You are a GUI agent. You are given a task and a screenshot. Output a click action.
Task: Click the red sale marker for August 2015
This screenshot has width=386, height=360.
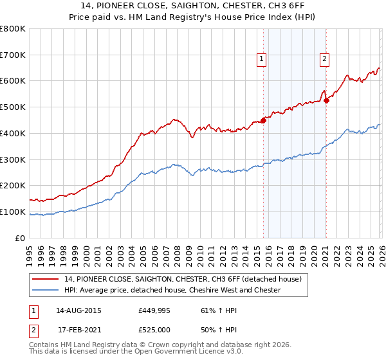coord(263,120)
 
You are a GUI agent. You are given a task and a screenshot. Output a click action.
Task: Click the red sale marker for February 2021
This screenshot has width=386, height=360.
coord(326,100)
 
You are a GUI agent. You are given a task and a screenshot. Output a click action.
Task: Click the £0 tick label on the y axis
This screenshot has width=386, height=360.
coord(21,238)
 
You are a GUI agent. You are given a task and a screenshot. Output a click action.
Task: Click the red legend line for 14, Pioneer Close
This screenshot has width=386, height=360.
coord(46,279)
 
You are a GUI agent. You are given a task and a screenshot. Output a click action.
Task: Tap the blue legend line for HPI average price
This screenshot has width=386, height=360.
coord(46,290)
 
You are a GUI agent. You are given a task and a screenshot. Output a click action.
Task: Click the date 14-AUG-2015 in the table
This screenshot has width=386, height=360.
coord(78,310)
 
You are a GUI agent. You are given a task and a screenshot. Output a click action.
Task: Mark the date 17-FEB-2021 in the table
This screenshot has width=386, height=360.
coord(78,330)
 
